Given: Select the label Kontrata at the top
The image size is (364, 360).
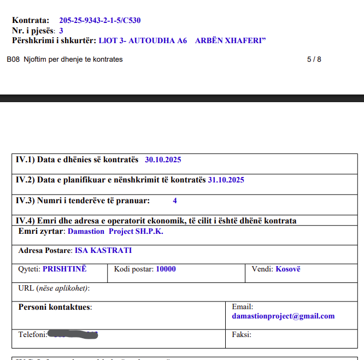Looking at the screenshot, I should tap(30, 21).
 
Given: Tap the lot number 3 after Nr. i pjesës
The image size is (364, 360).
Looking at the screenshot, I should tap(61, 31).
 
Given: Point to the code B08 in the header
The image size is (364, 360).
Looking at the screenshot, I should tap(13, 59).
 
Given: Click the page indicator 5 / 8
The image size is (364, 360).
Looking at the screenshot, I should tap(314, 59).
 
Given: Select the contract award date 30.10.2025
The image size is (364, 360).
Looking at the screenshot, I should tap(163, 160).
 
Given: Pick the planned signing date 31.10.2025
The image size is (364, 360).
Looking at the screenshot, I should tap(226, 180).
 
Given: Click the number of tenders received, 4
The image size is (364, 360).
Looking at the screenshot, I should tap(175, 200).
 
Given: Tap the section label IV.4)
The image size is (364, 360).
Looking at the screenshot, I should tap(25, 221).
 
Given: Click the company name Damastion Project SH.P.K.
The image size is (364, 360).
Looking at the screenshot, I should tap(115, 231).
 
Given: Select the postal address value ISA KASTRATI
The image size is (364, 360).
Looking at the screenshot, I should tap(103, 251).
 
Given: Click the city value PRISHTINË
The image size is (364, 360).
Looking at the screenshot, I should tap(64, 269).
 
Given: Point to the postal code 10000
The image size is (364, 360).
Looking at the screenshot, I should tap(166, 269).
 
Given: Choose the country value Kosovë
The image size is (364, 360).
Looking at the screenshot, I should tap(288, 269).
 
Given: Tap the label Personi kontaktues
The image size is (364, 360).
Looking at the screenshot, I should tap(55, 307).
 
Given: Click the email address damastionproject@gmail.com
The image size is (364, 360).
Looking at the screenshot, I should tap(283, 316).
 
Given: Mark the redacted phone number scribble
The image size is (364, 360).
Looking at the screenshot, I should tap(74, 334).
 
